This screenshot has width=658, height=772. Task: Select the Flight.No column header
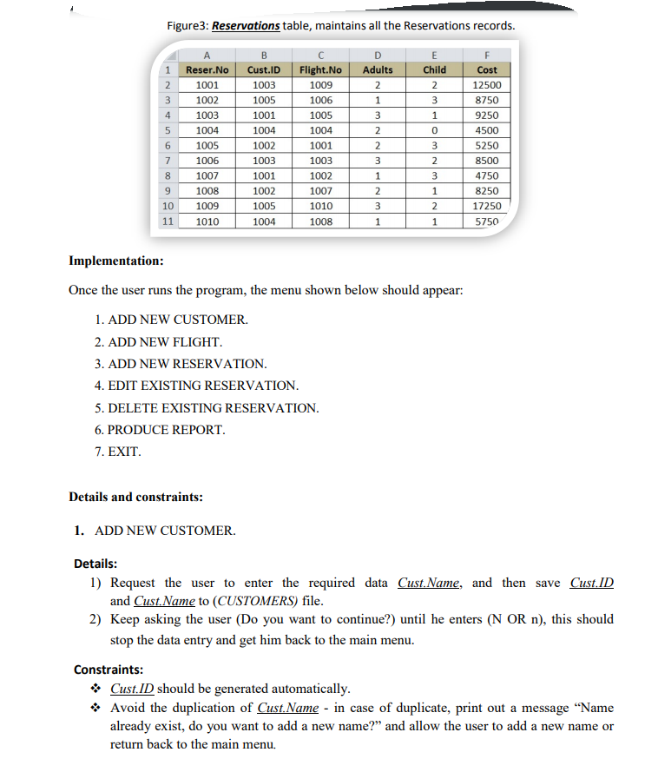tap(319, 69)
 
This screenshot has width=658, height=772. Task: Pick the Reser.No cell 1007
tap(207, 175)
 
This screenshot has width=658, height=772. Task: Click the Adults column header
tap(377, 69)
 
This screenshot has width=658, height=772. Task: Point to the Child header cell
tap(434, 69)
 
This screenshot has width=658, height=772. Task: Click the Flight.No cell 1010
tap(319, 206)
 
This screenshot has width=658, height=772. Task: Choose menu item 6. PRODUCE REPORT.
tap(160, 430)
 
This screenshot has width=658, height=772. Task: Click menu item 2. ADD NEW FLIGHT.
tap(159, 341)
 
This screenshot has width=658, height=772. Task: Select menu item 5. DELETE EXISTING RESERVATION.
tap(207, 407)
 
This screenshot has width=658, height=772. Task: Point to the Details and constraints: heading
tap(135, 498)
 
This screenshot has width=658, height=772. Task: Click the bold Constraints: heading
tap(109, 670)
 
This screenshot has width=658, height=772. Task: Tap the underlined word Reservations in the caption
tap(246, 25)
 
